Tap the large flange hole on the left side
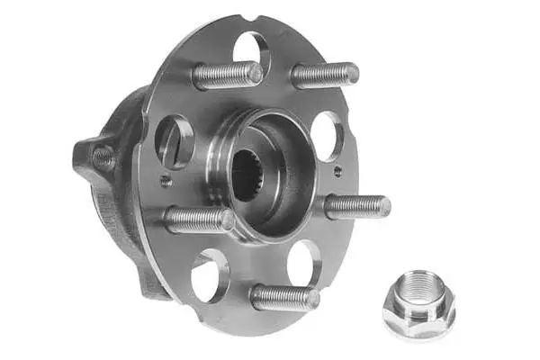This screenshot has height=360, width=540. pyautogui.click(x=174, y=140)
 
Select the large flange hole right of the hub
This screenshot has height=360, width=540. pyautogui.click(x=326, y=136)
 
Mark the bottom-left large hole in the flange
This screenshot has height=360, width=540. pyautogui.click(x=210, y=275)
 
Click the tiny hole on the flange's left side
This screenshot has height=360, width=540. pyautogui.click(x=166, y=180)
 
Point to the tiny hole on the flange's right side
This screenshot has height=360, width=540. pyautogui.click(x=337, y=170)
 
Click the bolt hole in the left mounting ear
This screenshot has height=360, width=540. pyautogui.click(x=102, y=159)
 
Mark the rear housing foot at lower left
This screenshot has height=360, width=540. pyautogui.click(x=148, y=274)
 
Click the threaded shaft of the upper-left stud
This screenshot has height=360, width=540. pyautogui.click(x=220, y=76)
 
